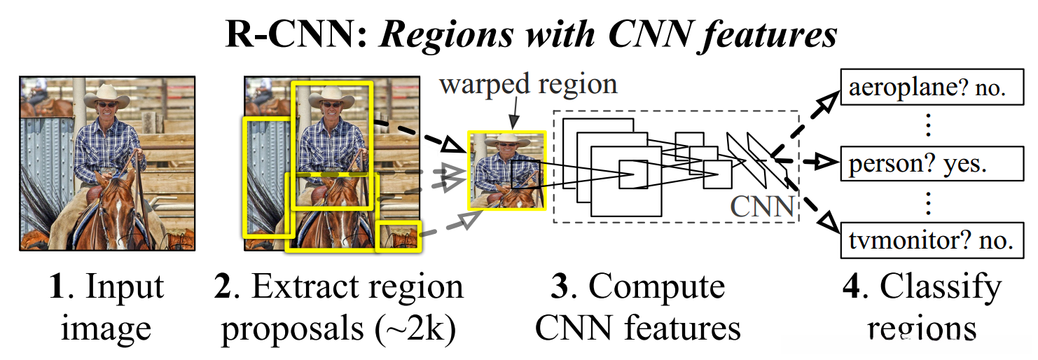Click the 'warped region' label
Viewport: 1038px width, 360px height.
[x=528, y=85]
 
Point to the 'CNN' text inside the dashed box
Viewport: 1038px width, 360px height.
[x=762, y=206]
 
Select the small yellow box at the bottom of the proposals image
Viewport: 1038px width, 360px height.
[x=398, y=236]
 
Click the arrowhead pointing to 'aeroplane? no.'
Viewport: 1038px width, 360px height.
[x=831, y=100]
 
